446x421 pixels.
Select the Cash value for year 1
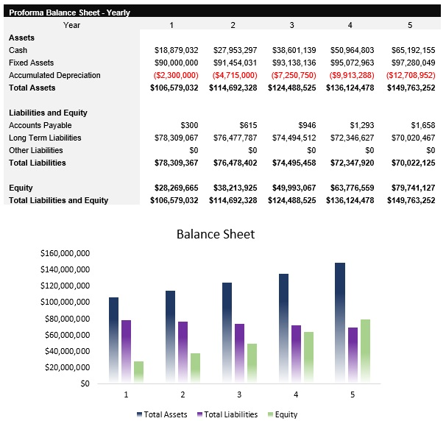pyautogui.click(x=176, y=50)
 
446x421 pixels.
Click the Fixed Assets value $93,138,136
pyautogui.click(x=294, y=63)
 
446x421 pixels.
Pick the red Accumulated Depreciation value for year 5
pyautogui.click(x=410, y=75)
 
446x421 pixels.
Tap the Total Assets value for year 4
pyautogui.click(x=351, y=88)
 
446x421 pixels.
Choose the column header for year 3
pyautogui.click(x=291, y=25)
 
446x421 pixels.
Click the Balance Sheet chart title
pyautogui.click(x=215, y=234)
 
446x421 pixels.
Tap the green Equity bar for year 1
pyautogui.click(x=138, y=372)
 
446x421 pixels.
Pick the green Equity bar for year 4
pyautogui.click(x=308, y=357)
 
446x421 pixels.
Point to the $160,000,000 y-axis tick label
pyautogui.click(x=66, y=253)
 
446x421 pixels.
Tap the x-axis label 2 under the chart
pyautogui.click(x=182, y=395)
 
